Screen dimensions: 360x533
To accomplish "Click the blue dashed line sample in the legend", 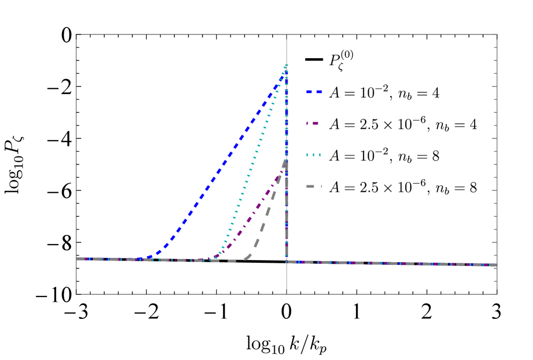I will (x=314, y=92).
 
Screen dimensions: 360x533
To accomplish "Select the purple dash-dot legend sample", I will (x=313, y=123).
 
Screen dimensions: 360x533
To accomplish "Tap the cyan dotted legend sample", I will (x=314, y=155).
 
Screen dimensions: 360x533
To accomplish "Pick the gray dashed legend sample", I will (x=314, y=186).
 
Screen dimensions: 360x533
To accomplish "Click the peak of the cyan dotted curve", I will (x=287, y=65).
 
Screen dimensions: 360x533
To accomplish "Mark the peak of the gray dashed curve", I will (x=286, y=160).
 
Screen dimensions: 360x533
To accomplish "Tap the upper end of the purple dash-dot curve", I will (x=283, y=170).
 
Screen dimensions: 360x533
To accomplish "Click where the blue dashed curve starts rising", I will (x=147, y=258).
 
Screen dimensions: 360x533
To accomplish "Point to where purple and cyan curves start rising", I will (x=215, y=259).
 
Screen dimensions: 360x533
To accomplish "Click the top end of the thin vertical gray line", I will (x=287, y=35).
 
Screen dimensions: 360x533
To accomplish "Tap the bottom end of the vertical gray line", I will (x=287, y=293).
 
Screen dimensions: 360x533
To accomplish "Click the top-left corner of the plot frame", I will (x=76, y=35).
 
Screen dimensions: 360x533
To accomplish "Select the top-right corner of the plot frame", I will (x=497, y=35).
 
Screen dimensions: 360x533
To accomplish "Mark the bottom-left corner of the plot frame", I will (x=76, y=293).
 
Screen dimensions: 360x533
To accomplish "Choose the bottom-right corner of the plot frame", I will (x=497, y=293).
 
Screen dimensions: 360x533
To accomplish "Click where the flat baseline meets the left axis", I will (x=77, y=259).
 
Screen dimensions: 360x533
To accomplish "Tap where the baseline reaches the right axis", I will (x=496, y=265).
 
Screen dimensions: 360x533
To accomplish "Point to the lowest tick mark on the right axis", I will (x=495, y=281).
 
